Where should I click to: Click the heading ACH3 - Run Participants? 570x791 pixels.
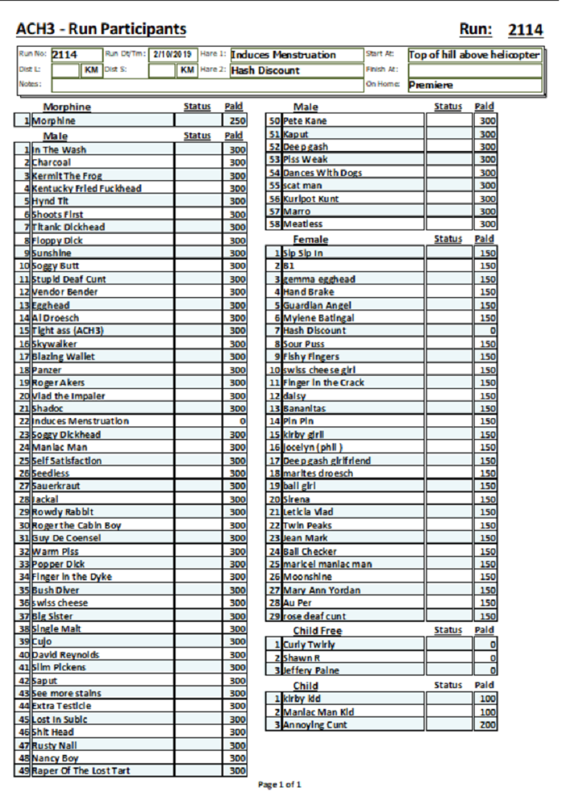click(101, 29)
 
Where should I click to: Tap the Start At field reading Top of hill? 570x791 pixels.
click(474, 55)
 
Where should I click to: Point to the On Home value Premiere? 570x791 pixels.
click(431, 85)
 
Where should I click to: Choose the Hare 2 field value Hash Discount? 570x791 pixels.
click(265, 70)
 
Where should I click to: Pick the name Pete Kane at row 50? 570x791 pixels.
click(305, 121)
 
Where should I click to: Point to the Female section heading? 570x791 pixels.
click(310, 239)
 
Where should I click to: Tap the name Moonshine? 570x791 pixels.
click(308, 577)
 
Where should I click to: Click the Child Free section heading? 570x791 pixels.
click(317, 631)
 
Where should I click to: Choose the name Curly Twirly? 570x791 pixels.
click(309, 645)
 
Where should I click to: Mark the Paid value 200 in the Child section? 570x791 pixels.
click(489, 725)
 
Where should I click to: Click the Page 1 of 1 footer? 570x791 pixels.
click(280, 785)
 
